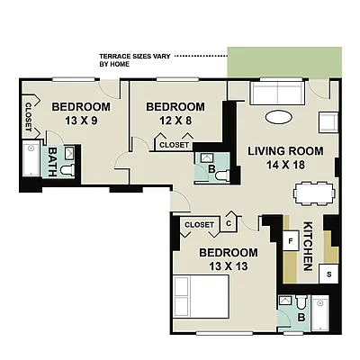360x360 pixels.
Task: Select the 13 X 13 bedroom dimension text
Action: pos(229,266)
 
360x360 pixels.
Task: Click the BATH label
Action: pos(53,161)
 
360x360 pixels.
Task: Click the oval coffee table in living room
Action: pos(279,117)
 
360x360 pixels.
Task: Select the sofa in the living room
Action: pos(277,93)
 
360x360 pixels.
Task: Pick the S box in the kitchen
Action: pos(329,273)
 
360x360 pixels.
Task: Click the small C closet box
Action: pos(229,223)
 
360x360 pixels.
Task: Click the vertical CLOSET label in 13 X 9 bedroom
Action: pos(28,114)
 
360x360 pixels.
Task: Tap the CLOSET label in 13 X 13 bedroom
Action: pos(198,224)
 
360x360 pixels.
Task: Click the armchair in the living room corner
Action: pos(328,121)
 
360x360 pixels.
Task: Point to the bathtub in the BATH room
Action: pos(31,162)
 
